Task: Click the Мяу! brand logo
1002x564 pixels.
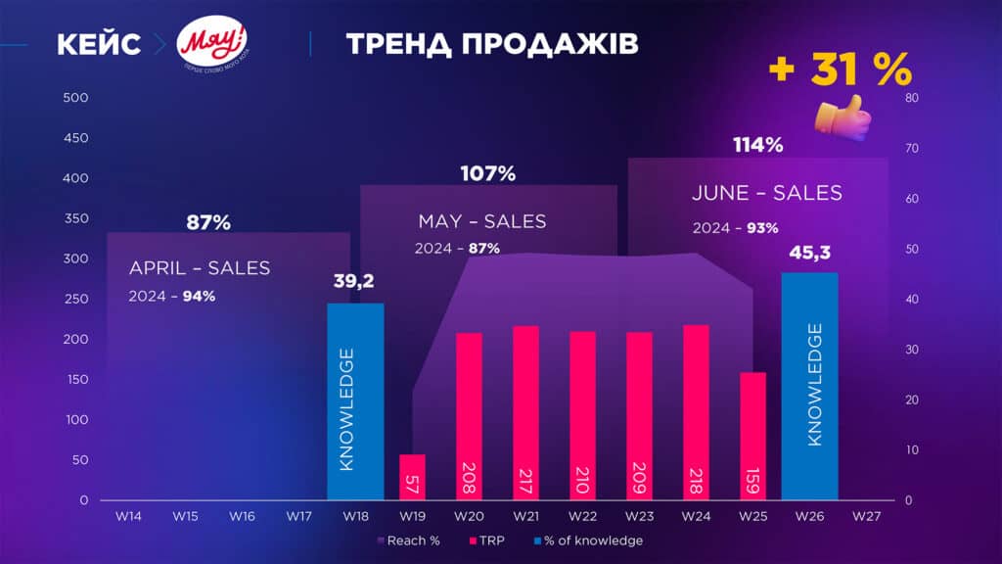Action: (x=212, y=45)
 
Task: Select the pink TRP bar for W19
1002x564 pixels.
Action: (x=413, y=477)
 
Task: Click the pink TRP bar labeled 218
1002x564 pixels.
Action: (x=696, y=412)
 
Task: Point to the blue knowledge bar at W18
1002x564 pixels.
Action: (x=355, y=401)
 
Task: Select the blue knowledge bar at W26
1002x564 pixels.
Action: (x=809, y=386)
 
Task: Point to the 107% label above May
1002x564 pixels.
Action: (x=487, y=174)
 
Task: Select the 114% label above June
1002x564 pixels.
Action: (x=758, y=146)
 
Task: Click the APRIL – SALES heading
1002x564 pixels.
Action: (x=200, y=268)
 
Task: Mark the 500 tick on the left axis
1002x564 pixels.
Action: (x=75, y=98)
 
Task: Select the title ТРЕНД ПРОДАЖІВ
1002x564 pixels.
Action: (x=492, y=45)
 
